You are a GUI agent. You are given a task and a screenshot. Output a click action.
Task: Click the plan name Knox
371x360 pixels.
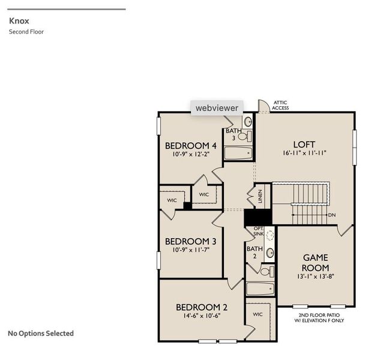pos(19,20)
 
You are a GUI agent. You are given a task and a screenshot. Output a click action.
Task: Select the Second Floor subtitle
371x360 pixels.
pos(26,32)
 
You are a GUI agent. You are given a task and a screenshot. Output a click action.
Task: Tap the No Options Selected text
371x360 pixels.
pos(40,333)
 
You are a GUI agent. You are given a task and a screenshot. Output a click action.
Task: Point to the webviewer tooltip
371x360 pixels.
pos(217,108)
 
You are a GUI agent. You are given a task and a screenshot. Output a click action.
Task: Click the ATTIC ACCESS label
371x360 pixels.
pos(280,105)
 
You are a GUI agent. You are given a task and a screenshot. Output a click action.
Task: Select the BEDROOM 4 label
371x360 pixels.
pos(191,145)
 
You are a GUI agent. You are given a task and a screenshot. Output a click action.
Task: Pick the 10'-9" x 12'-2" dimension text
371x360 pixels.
pos(191,154)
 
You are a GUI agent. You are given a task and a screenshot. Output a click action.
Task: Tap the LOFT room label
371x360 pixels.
pos(304,144)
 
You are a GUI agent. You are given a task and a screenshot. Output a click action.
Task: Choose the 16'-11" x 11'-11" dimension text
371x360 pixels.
pos(304,153)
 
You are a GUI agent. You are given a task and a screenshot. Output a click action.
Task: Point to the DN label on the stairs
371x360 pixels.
pos(332,214)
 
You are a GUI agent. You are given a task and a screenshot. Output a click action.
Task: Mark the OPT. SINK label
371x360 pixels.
pos(259,231)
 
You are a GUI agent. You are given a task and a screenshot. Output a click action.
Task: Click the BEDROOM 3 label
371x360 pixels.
pos(191,241)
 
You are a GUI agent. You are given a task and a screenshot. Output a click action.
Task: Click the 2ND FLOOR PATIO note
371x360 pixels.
pos(322,317)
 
